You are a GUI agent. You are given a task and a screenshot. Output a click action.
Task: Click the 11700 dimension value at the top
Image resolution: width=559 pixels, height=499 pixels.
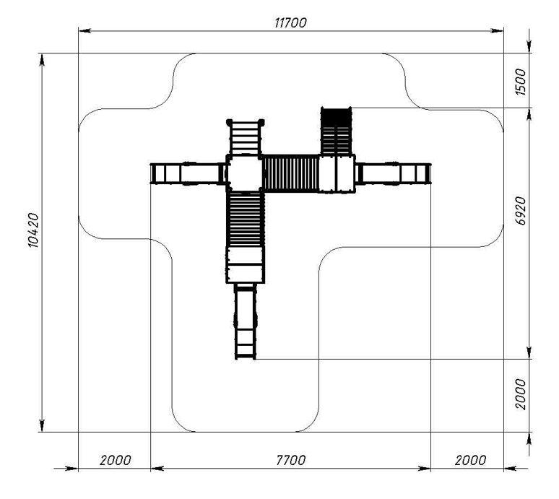290,23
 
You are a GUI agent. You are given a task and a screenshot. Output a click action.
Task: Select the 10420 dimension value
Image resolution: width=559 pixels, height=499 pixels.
32,230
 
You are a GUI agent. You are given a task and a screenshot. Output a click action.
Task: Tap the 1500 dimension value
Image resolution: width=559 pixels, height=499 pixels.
521,82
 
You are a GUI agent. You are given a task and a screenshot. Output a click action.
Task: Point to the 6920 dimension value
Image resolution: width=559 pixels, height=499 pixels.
521,211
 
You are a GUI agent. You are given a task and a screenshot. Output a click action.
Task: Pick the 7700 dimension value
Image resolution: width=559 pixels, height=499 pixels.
291,460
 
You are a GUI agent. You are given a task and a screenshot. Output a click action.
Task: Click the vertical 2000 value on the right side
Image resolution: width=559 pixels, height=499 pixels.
521,394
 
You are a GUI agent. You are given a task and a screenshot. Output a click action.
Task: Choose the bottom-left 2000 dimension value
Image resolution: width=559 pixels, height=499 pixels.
115,460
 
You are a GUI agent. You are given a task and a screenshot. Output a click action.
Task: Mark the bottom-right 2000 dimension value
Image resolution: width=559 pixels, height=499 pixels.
470,460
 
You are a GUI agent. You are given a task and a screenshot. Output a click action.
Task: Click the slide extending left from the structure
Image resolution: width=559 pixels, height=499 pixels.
188,173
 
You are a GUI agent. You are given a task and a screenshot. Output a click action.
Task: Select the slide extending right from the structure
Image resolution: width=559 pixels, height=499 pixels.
393,173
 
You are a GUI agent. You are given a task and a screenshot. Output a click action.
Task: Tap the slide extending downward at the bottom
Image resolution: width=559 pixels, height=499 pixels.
246,321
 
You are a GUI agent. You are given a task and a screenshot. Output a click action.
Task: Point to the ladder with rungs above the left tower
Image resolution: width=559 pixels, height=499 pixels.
246,137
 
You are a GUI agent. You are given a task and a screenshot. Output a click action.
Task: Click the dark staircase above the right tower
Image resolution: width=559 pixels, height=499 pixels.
336,131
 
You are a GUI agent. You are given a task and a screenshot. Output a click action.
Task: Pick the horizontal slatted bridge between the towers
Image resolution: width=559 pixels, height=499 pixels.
291,173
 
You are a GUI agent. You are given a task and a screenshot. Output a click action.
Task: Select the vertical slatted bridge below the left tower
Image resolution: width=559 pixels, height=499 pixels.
246,219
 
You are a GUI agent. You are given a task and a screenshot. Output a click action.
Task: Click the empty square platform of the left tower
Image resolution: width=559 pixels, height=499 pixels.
246,173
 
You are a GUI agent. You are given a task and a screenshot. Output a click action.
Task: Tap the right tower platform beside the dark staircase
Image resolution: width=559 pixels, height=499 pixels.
337,173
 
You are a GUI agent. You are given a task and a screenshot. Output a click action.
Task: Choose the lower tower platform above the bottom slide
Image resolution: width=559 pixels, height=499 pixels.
246,265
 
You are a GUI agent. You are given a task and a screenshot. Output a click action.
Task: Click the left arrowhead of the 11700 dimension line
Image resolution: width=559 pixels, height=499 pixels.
84,30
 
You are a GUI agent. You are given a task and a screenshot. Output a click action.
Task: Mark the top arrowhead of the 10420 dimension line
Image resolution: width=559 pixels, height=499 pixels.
42,60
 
